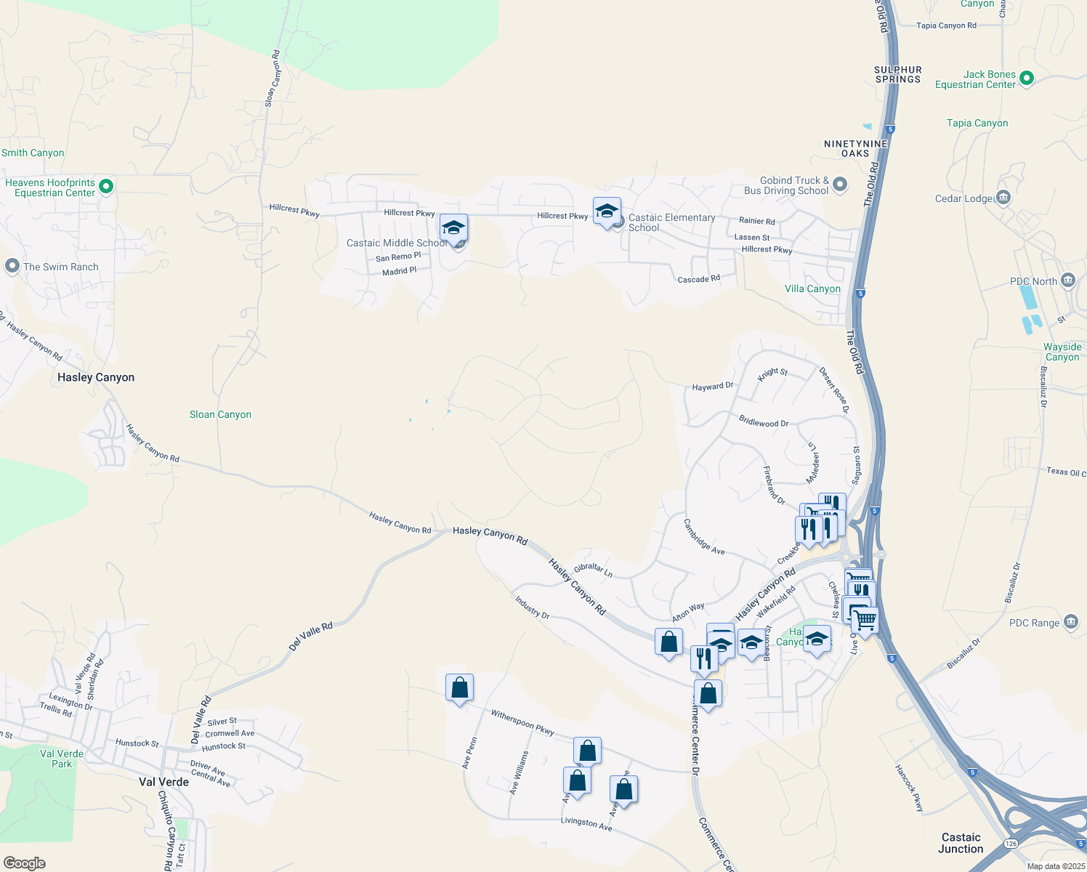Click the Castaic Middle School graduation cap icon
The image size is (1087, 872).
click(x=453, y=228)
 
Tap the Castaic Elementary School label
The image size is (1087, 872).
click(x=671, y=222)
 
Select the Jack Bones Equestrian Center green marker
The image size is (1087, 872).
click(x=1026, y=78)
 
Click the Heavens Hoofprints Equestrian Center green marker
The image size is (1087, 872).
click(x=105, y=187)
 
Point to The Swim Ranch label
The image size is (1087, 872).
click(x=60, y=267)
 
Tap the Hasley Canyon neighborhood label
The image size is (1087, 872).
click(x=96, y=377)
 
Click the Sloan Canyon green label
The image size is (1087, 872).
click(x=220, y=414)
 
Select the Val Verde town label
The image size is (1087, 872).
click(x=163, y=782)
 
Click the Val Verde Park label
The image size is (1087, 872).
click(x=62, y=759)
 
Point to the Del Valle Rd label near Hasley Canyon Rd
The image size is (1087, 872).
click(x=310, y=637)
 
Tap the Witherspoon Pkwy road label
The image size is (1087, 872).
click(x=522, y=722)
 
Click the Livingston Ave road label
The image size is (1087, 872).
click(x=586, y=823)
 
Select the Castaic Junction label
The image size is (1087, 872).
click(x=961, y=843)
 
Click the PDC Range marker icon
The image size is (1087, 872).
click(x=1070, y=622)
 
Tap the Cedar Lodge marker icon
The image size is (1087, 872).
click(x=1003, y=198)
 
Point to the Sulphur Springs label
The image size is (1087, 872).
click(x=898, y=74)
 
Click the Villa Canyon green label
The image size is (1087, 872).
click(x=812, y=288)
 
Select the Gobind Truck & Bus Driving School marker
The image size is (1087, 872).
click(x=840, y=184)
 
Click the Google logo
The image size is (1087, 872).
click(x=25, y=863)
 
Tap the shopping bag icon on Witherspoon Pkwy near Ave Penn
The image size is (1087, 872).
click(x=459, y=687)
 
